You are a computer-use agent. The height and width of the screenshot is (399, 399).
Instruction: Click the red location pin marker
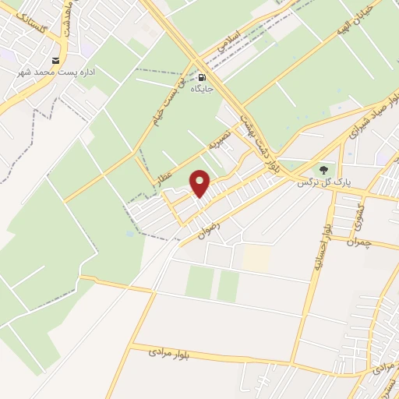point(200,183)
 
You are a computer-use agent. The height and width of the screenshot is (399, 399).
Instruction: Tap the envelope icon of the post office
point(55,60)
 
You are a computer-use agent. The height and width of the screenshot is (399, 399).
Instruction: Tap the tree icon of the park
point(323,170)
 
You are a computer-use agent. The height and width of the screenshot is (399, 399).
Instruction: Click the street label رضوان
point(210,225)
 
